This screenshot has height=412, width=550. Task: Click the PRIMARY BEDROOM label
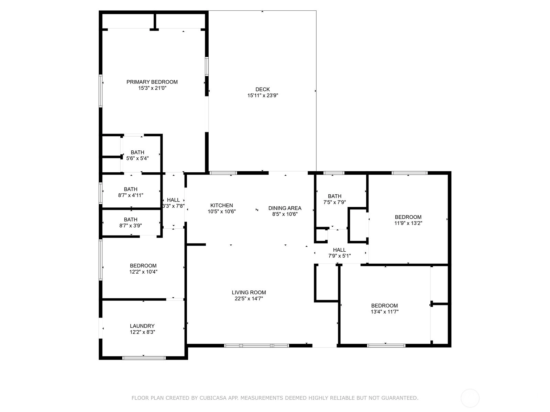(x=152, y=82)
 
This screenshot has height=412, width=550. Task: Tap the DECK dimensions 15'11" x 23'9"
(x=263, y=95)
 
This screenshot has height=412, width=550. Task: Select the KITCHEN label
(x=221, y=205)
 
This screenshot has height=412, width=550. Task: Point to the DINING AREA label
(x=285, y=208)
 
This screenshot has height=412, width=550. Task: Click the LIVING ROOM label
(x=249, y=293)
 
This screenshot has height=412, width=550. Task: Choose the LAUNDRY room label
(x=142, y=326)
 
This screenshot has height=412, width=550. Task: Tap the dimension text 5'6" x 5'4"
(x=137, y=158)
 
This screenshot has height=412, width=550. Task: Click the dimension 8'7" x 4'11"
(x=131, y=195)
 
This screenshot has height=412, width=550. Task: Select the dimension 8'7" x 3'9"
(x=131, y=226)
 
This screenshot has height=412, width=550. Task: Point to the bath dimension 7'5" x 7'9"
(x=334, y=202)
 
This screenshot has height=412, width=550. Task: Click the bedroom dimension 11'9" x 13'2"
(x=408, y=223)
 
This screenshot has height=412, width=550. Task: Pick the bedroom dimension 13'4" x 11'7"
(x=385, y=312)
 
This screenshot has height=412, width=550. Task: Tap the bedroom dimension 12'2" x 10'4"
(x=143, y=272)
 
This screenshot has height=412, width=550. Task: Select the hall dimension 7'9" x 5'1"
(x=340, y=256)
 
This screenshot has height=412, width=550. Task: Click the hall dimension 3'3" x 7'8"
(x=173, y=206)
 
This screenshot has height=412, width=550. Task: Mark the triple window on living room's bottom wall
(x=256, y=346)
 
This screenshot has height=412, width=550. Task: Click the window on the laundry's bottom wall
(x=144, y=358)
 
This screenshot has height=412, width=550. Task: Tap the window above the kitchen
(x=223, y=173)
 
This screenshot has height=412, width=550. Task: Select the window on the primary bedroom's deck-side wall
(x=207, y=66)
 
